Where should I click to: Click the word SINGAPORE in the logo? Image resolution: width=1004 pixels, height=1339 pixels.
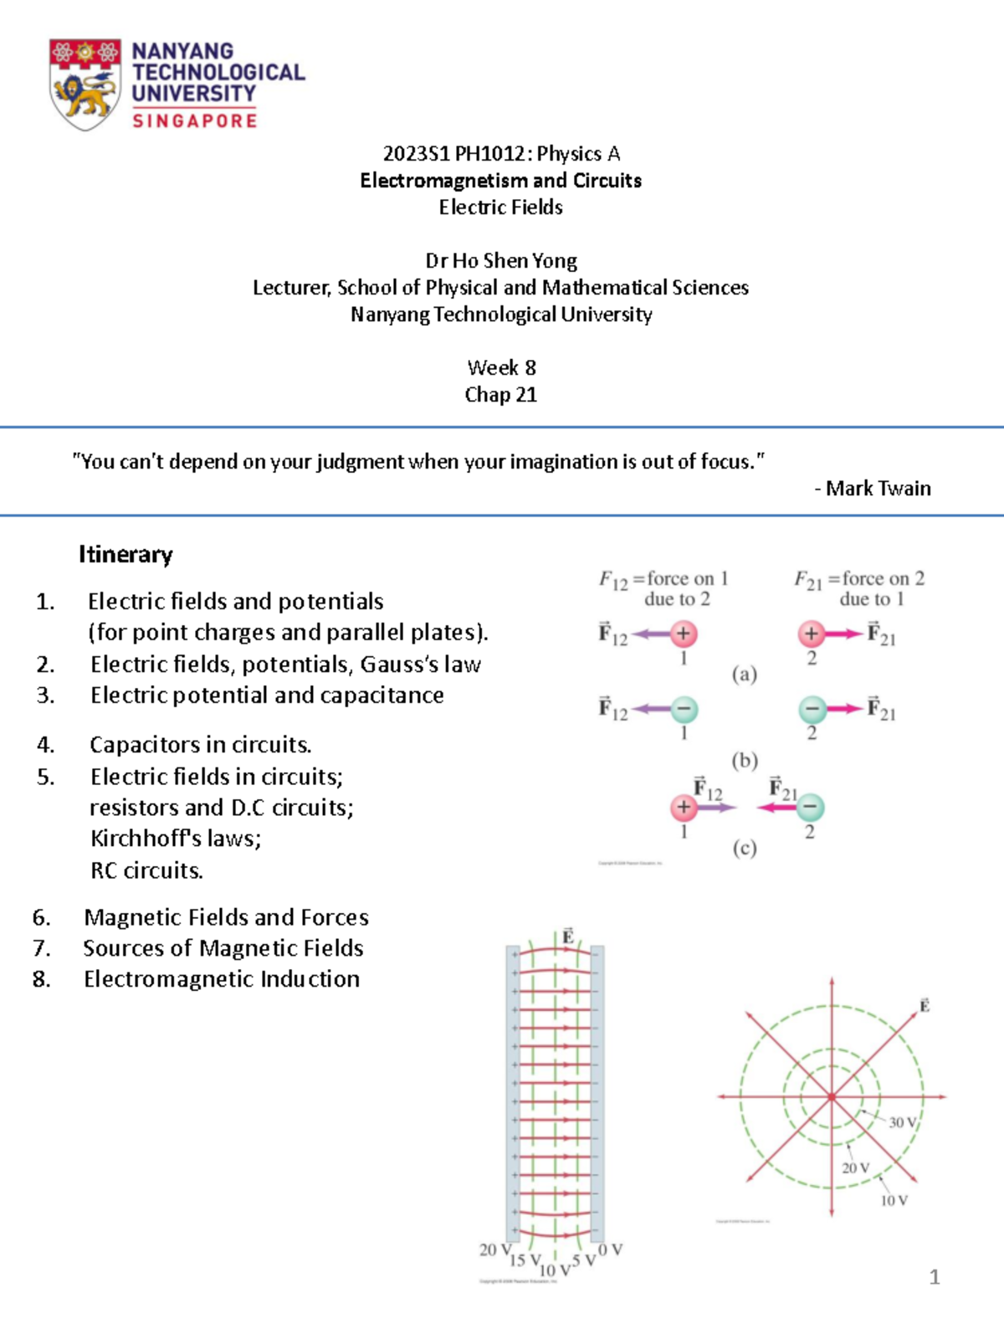pyautogui.click(x=194, y=121)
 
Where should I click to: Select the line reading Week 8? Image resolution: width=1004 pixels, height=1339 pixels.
pyautogui.click(x=501, y=368)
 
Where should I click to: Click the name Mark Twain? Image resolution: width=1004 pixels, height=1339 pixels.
pyautogui.click(x=878, y=489)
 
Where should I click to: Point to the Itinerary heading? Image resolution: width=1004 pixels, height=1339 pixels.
pyautogui.click(x=125, y=555)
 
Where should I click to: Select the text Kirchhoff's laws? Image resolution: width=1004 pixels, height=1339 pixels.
pyautogui.click(x=176, y=839)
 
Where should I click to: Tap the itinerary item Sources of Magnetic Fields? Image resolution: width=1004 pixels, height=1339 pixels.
pyautogui.click(x=223, y=948)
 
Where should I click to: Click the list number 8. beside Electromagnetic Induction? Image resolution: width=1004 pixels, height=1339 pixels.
pyautogui.click(x=42, y=979)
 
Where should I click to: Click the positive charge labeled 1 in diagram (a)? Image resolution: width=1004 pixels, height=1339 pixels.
pyautogui.click(x=684, y=634)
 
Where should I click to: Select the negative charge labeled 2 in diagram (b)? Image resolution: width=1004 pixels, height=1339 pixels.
pyautogui.click(x=812, y=710)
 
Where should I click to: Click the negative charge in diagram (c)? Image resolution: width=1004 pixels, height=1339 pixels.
pyautogui.click(x=810, y=808)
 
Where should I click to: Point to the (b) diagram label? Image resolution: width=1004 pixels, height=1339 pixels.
pyautogui.click(x=745, y=761)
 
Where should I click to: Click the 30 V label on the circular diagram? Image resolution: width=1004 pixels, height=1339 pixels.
pyautogui.click(x=902, y=1123)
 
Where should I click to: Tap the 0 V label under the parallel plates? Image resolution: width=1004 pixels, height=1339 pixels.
pyautogui.click(x=611, y=1249)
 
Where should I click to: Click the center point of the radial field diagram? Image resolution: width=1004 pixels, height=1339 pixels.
pyautogui.click(x=832, y=1096)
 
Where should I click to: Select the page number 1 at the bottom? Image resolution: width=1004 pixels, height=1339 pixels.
pyautogui.click(x=935, y=1277)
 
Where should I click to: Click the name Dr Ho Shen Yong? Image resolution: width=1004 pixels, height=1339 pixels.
pyautogui.click(x=501, y=261)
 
